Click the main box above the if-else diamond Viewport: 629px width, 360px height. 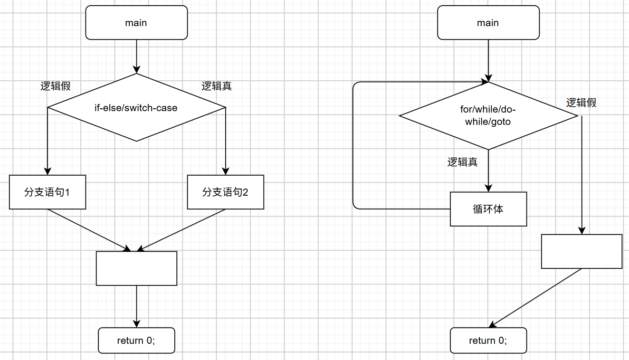(x=136, y=22)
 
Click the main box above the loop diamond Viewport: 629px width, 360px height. (x=488, y=22)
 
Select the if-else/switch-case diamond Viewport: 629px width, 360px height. (x=136, y=107)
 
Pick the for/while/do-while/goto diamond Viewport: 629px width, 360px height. (x=488, y=116)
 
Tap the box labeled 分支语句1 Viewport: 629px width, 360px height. (x=48, y=192)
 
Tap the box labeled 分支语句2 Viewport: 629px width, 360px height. (x=226, y=192)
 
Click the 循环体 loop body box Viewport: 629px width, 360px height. (x=488, y=209)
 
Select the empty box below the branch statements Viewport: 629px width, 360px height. (x=136, y=268)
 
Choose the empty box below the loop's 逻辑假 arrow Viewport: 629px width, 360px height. (x=581, y=251)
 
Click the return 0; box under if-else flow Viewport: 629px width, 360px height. (x=136, y=341)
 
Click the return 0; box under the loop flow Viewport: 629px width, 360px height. (x=488, y=341)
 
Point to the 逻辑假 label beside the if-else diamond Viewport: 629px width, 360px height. (x=55, y=86)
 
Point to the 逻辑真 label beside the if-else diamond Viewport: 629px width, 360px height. (x=217, y=86)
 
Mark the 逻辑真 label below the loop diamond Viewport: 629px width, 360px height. (x=462, y=162)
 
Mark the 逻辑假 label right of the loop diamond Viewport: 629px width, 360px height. (x=581, y=103)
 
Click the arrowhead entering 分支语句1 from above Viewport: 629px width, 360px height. (x=48, y=171)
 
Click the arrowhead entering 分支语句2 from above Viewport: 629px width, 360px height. (x=226, y=171)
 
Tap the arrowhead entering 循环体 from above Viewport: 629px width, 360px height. (x=488, y=188)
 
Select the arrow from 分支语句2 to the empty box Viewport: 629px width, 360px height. (x=181, y=230)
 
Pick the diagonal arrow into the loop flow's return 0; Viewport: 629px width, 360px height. (x=535, y=298)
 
